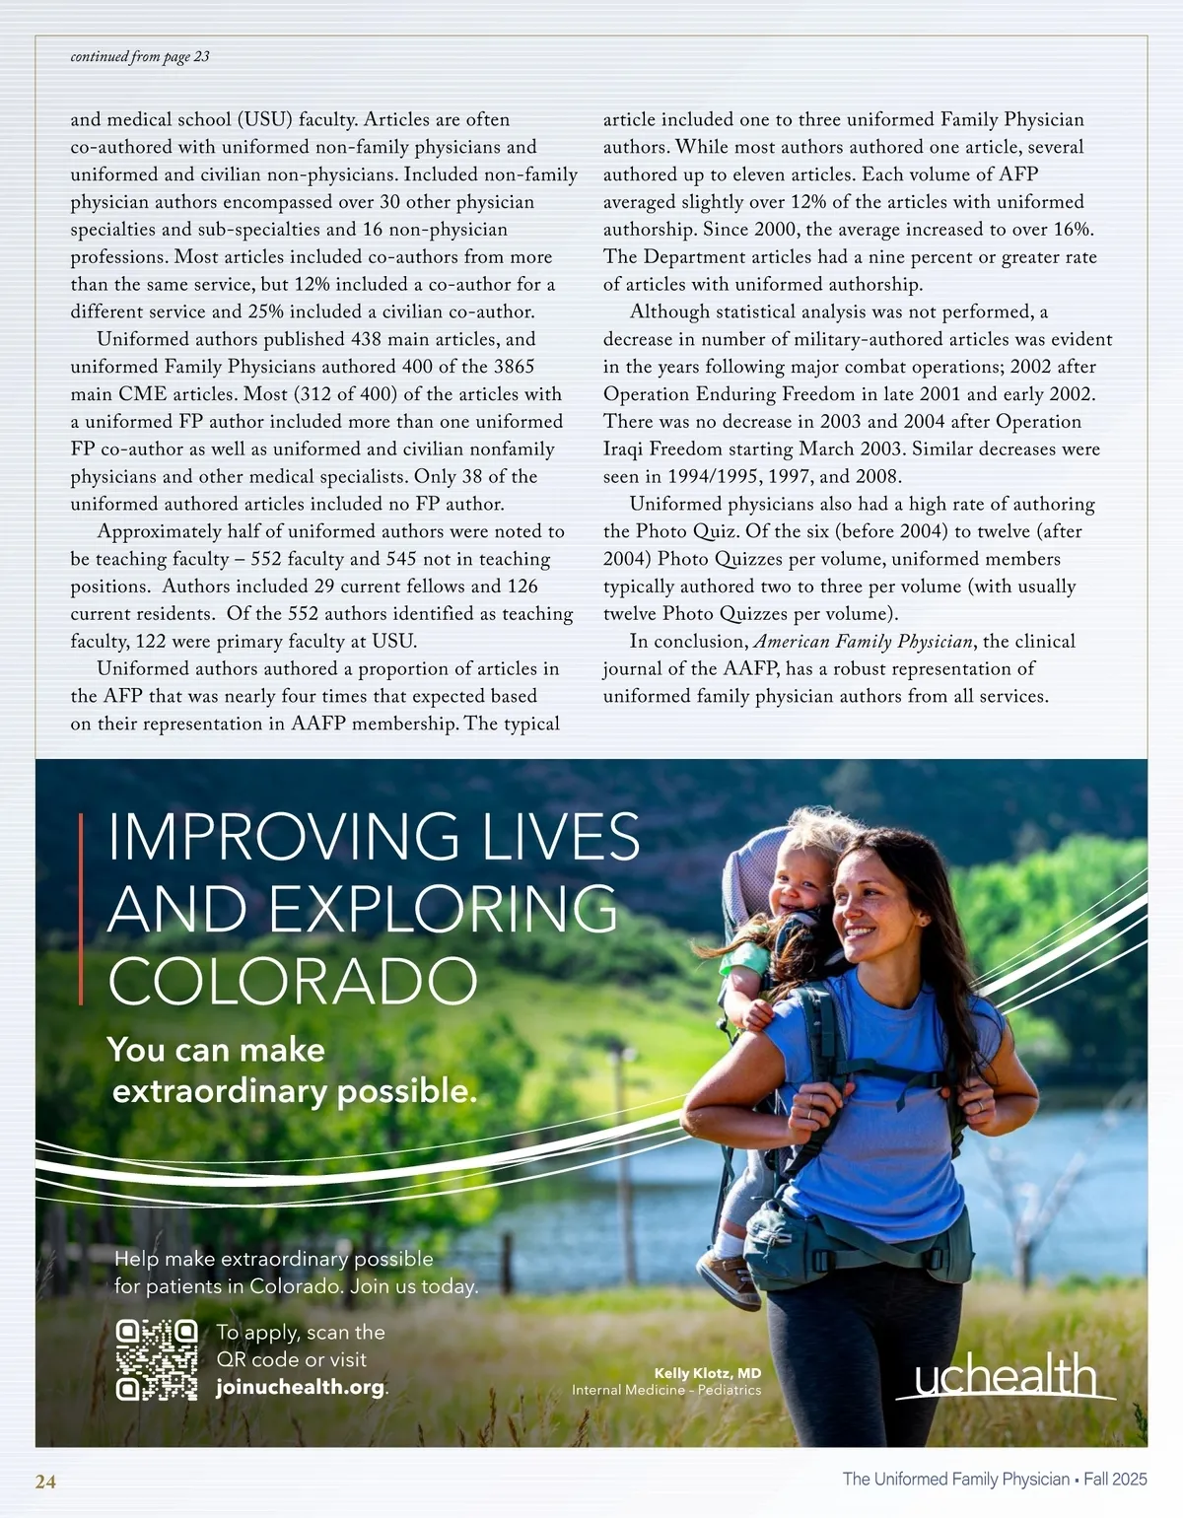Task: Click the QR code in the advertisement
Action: pyautogui.click(x=157, y=1359)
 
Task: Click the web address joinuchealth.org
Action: pyautogui.click(x=301, y=1387)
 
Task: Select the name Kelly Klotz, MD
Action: pyautogui.click(x=708, y=1373)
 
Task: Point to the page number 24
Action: pyautogui.click(x=45, y=1482)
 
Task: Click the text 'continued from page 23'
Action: pyautogui.click(x=140, y=56)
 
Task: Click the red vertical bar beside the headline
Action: pyautogui.click(x=81, y=908)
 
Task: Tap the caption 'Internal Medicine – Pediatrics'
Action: pyautogui.click(x=666, y=1390)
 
